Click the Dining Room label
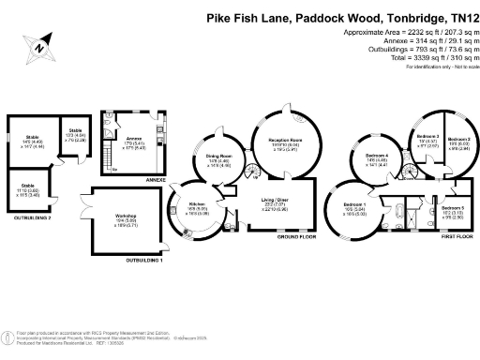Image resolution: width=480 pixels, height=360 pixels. pyautogui.click(x=218, y=157)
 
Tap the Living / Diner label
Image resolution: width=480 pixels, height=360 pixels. pyautogui.click(x=275, y=202)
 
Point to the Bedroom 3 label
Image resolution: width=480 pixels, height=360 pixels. pyautogui.click(x=427, y=137)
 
